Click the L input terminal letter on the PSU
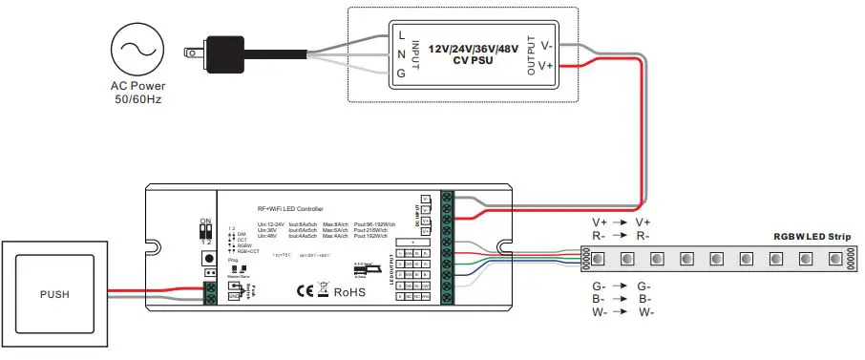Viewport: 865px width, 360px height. [399, 36]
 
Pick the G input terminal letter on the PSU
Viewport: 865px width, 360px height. [399, 72]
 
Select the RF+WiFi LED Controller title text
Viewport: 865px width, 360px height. [290, 208]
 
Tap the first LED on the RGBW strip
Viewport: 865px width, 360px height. [597, 259]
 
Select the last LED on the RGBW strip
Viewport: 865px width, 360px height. [835, 259]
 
